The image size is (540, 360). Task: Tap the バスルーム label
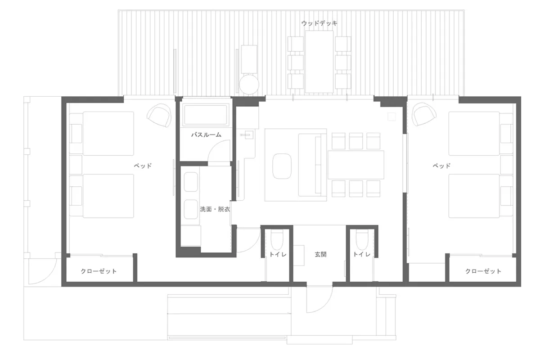[206, 135]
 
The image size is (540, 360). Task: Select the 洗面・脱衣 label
[215, 209]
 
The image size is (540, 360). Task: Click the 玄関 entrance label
[320, 254]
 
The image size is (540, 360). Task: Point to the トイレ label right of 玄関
[361, 254]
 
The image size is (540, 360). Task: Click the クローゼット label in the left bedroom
[99, 271]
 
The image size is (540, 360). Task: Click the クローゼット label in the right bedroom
[483, 271]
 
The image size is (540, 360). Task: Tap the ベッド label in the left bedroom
[142, 166]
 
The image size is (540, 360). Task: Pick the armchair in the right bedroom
[424, 115]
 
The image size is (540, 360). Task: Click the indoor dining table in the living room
[356, 165]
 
